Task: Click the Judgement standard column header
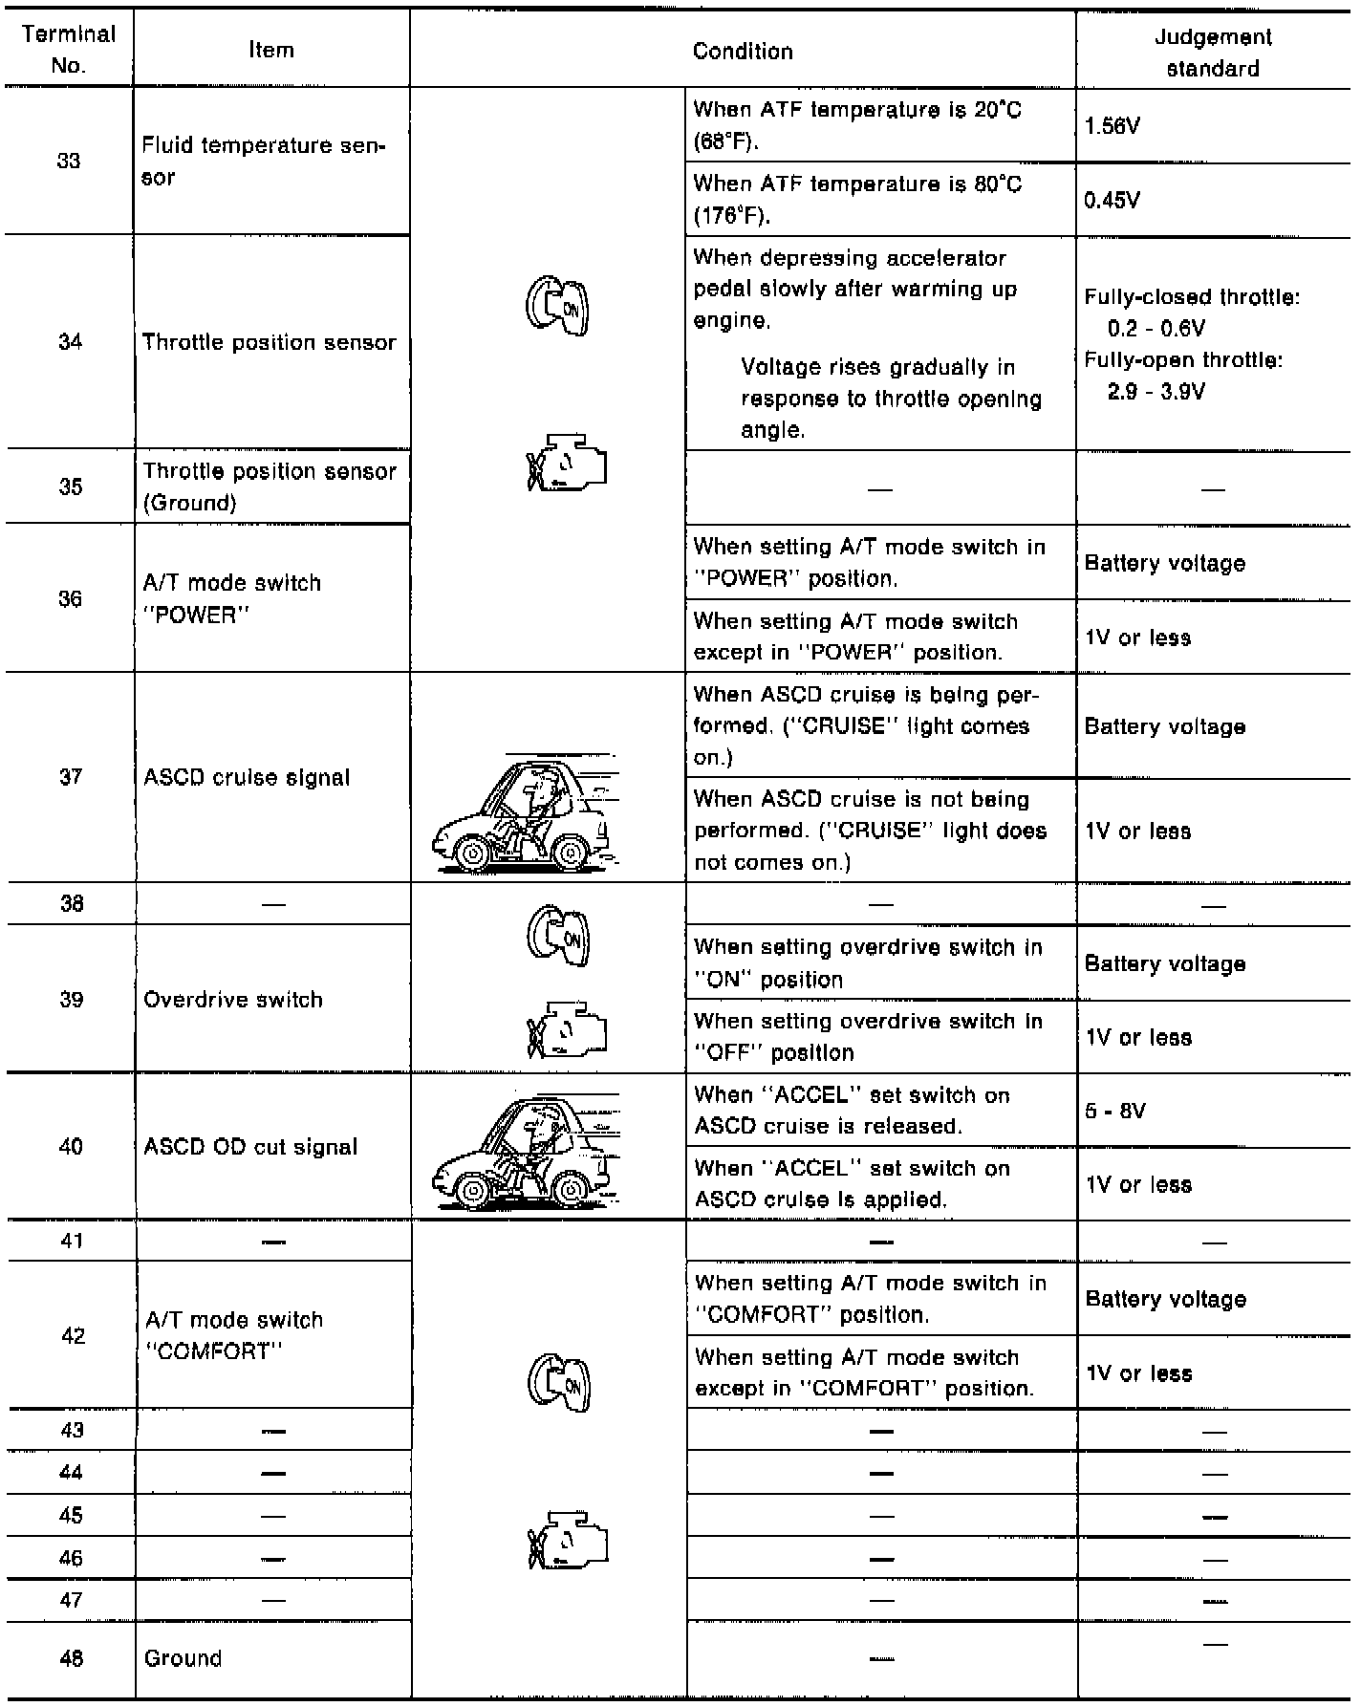pyautogui.click(x=1213, y=53)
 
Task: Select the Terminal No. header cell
pyautogui.click(x=69, y=50)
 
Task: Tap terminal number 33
pyautogui.click(x=69, y=161)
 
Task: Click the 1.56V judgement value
pyautogui.click(x=1113, y=126)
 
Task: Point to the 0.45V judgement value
pyautogui.click(x=1113, y=201)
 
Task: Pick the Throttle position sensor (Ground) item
pyautogui.click(x=269, y=486)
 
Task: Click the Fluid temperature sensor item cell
pyautogui.click(x=263, y=161)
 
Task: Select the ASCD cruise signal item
pyautogui.click(x=247, y=777)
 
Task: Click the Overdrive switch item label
pyautogui.click(x=233, y=1000)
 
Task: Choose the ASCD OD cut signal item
pyautogui.click(x=250, y=1147)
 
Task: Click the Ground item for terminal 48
pyautogui.click(x=183, y=1658)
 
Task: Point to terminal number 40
pyautogui.click(x=71, y=1147)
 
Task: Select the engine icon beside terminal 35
pyautogui.click(x=567, y=465)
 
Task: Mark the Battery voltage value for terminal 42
pyautogui.click(x=1165, y=1299)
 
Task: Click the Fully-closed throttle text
pyautogui.click(x=1191, y=297)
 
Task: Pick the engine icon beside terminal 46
pyautogui.click(x=568, y=1541)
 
